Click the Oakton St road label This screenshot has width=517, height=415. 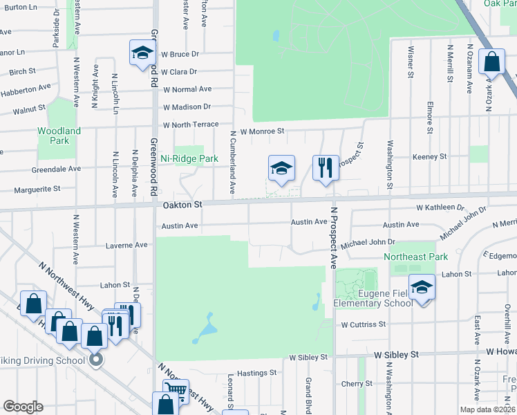point(182,205)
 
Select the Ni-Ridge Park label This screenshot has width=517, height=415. point(189,158)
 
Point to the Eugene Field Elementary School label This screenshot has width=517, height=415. point(373,298)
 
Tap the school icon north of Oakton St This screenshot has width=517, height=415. point(281,168)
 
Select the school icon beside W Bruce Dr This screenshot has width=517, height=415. point(142,53)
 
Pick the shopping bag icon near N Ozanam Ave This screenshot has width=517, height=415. point(491,62)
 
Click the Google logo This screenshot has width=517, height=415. point(23,407)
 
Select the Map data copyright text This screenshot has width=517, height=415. point(487,409)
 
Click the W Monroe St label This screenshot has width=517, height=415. point(262,131)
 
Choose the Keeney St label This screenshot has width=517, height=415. point(429,157)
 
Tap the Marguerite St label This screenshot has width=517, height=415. point(37,188)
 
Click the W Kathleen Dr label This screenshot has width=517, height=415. point(440,207)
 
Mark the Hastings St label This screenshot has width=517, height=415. point(256,372)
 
